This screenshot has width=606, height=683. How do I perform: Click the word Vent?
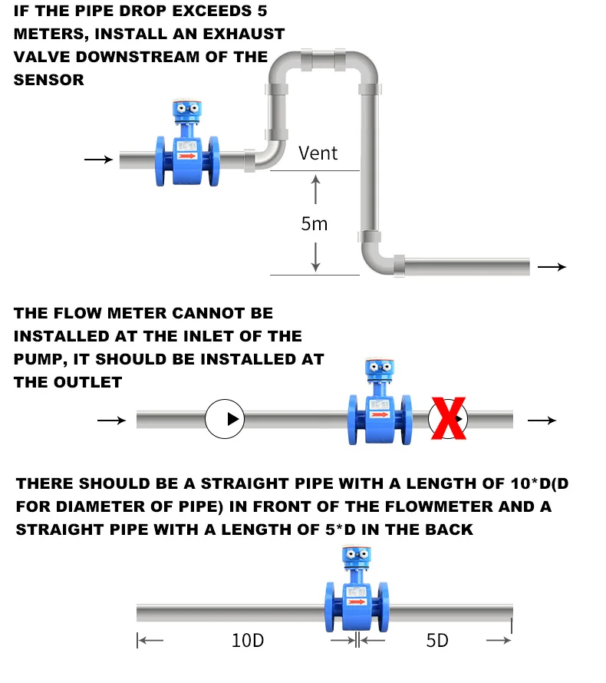click(x=318, y=153)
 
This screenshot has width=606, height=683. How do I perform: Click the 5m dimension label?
click(x=315, y=223)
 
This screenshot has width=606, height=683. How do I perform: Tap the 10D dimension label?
click(x=248, y=640)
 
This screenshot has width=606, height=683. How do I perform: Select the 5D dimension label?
click(x=437, y=640)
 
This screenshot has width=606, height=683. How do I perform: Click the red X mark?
click(x=449, y=419)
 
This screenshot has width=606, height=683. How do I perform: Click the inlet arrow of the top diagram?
click(x=97, y=160)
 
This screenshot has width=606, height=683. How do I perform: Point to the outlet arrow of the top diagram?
click(x=552, y=267)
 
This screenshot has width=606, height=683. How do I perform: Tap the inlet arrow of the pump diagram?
click(x=112, y=420)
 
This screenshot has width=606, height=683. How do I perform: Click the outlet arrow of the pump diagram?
click(x=542, y=420)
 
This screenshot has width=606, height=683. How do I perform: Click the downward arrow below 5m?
click(x=315, y=256)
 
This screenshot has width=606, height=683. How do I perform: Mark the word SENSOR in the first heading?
click(x=49, y=80)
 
